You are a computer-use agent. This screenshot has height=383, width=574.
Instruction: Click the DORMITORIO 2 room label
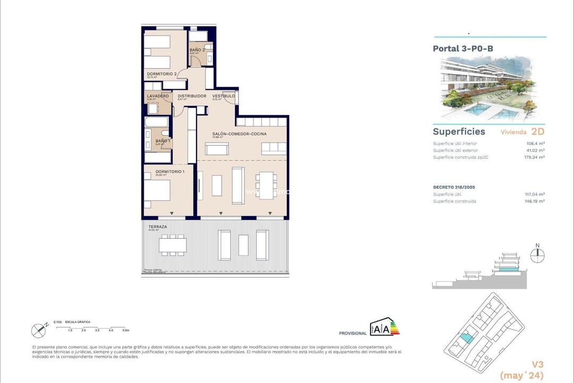click(162, 74)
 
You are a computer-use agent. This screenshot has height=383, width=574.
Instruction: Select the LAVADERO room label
click(158, 96)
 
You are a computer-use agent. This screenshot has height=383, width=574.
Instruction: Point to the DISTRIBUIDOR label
click(191, 96)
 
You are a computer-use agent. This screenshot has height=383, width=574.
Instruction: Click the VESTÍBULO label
click(223, 96)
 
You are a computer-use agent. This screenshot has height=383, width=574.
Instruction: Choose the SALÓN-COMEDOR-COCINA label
click(239, 134)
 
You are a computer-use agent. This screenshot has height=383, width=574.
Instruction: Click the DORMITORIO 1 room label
click(162, 171)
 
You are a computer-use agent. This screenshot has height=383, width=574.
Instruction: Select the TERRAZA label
click(158, 227)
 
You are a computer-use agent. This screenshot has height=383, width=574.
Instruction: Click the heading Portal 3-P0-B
click(463, 48)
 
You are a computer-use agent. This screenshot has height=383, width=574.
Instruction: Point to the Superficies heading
click(459, 131)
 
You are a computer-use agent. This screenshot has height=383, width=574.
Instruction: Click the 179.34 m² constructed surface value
click(533, 157)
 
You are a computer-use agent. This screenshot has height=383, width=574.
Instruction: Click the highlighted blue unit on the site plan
click(466, 337)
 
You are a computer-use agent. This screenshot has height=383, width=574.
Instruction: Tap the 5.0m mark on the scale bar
click(126, 330)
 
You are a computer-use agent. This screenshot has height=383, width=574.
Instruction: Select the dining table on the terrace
click(172, 244)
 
